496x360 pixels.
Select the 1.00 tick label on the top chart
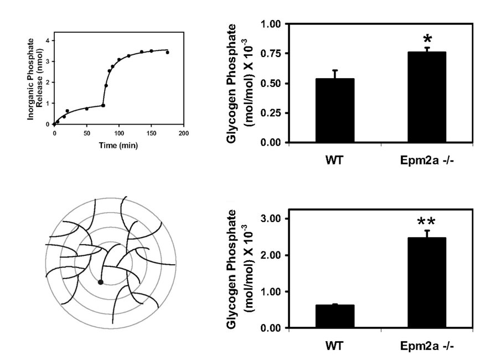coord(270,24)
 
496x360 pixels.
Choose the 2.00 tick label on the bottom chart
coord(270,255)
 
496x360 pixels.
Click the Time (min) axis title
coord(118,146)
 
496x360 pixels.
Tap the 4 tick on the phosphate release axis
coord(48,41)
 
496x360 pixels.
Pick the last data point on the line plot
coord(167,53)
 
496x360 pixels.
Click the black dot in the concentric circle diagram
coord(100,282)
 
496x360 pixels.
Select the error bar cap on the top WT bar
coord(335,70)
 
